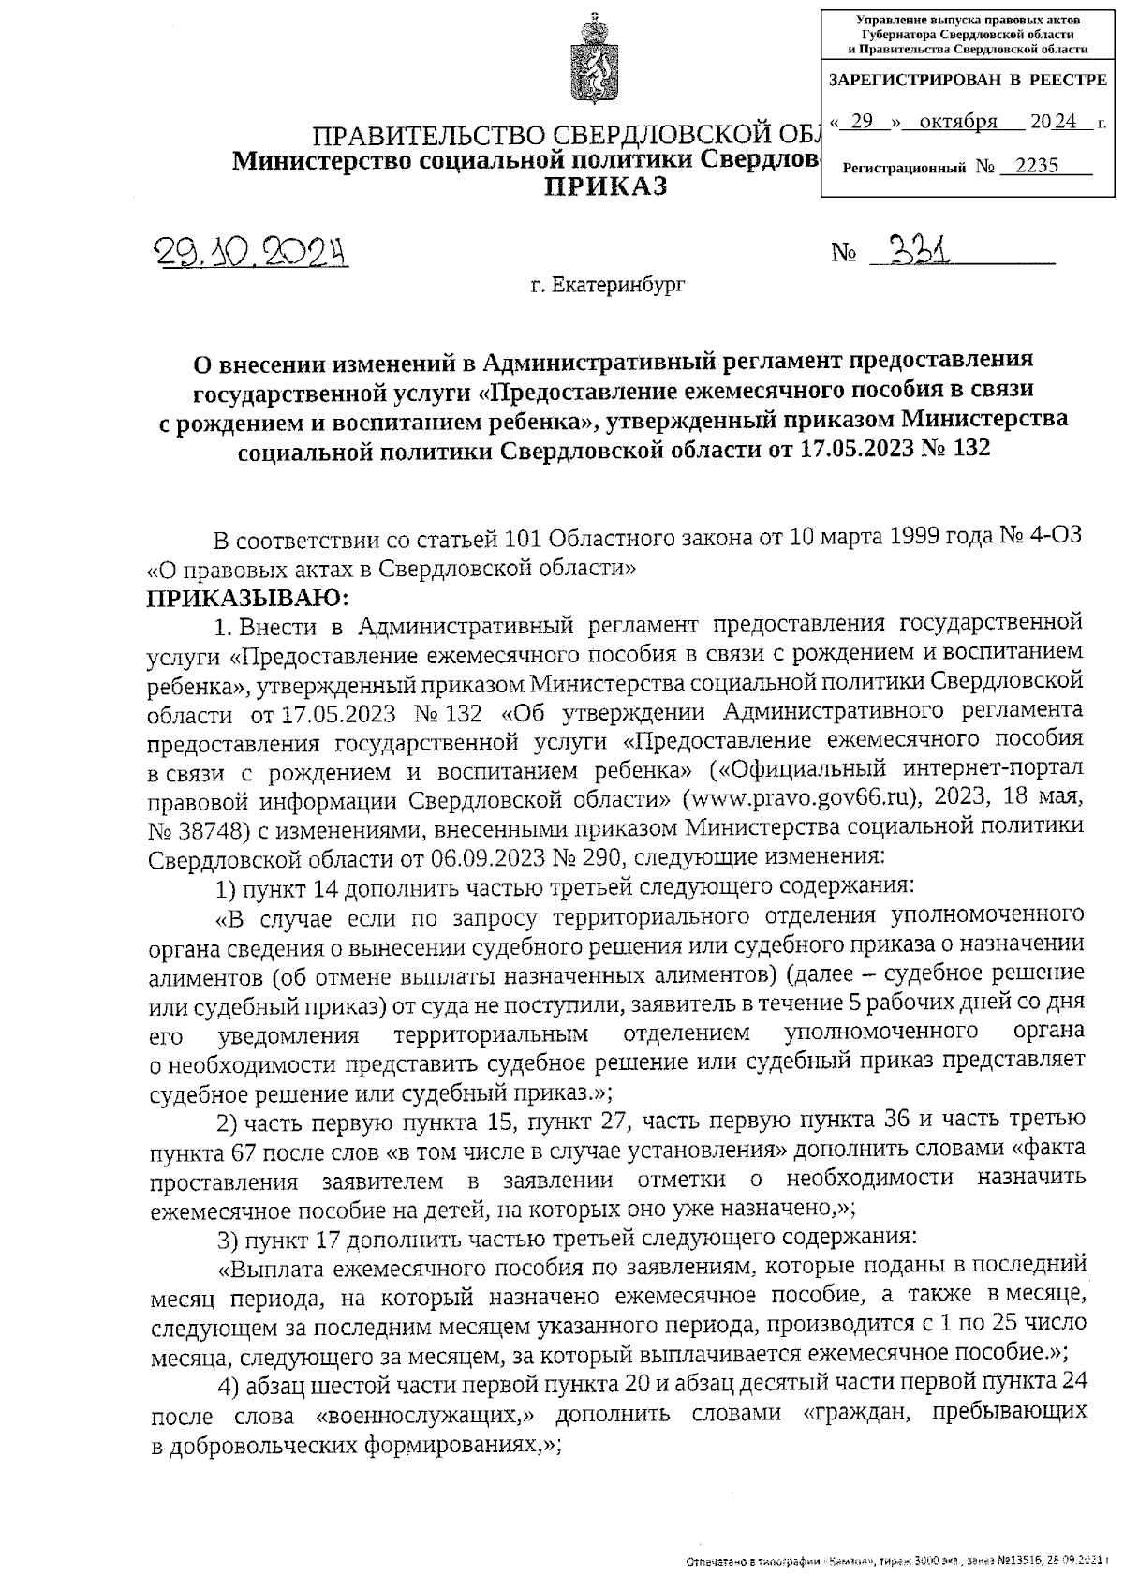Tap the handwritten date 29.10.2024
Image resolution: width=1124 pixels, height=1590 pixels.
tap(250, 251)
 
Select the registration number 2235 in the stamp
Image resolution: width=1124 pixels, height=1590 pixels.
tap(1036, 167)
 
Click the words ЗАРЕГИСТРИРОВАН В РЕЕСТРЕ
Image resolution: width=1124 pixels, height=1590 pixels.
tap(968, 82)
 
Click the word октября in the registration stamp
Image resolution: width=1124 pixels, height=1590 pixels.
tap(958, 122)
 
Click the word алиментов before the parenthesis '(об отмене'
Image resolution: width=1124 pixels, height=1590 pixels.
tap(202, 976)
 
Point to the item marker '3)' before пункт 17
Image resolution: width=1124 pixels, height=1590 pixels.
tap(228, 1241)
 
